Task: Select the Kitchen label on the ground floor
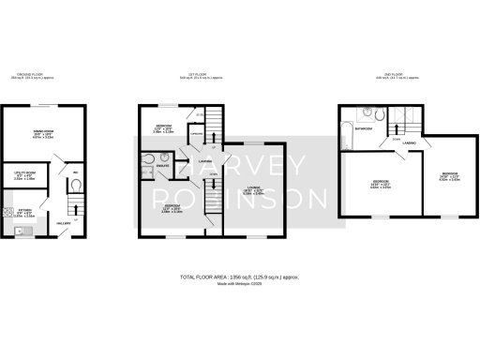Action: coord(25,211)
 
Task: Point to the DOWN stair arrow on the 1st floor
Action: coord(214,184)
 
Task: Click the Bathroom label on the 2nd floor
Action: coord(367,127)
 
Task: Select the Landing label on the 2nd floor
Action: coord(410,169)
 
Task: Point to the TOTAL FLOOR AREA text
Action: coord(238,277)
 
